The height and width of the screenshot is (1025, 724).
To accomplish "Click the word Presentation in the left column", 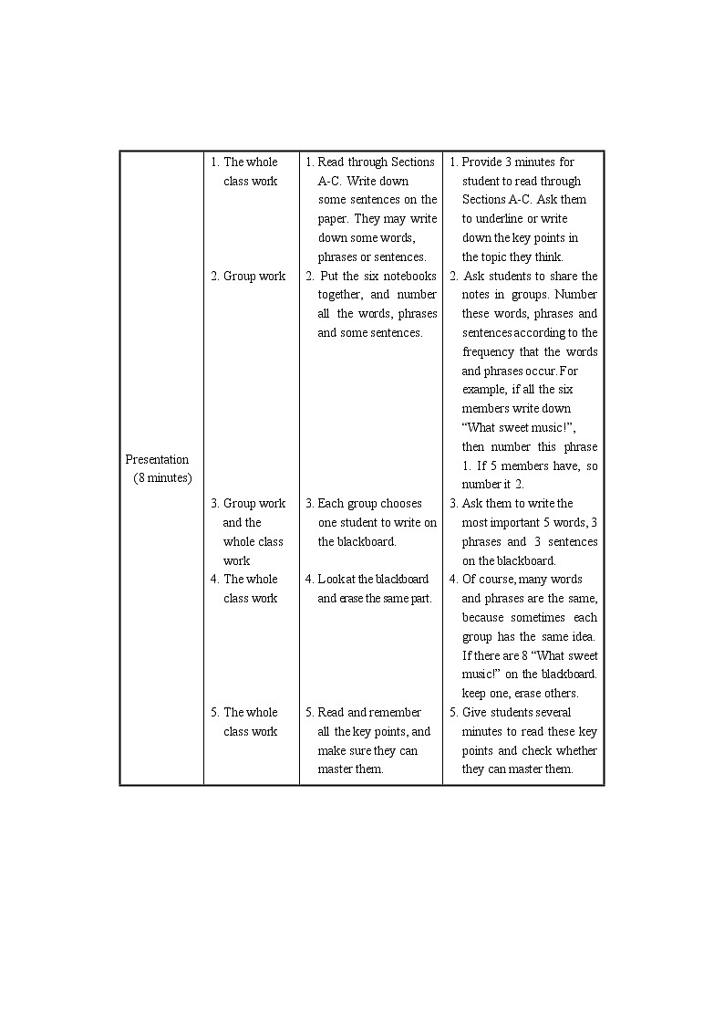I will (157, 459).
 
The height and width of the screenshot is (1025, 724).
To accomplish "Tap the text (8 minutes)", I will (162, 478).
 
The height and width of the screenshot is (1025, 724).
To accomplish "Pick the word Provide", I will (481, 162).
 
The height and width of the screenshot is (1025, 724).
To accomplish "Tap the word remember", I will (396, 712).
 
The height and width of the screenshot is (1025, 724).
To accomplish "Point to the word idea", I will (582, 636).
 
